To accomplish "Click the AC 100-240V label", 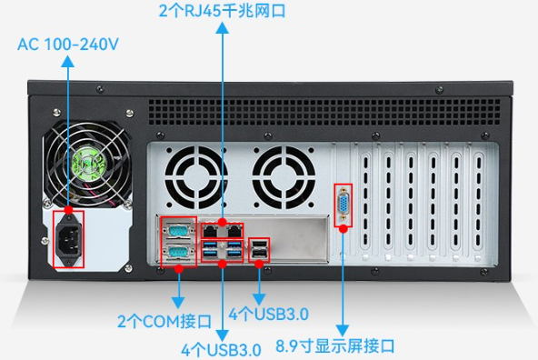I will (68, 43).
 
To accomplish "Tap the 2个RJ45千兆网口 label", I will (222, 11).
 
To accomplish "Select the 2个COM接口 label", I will (164, 321).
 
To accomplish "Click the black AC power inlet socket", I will (68, 238).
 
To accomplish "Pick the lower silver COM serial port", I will (178, 252).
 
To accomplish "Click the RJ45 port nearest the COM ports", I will (212, 231).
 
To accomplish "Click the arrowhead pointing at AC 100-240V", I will (68, 59).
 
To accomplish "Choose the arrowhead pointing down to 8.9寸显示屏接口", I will (344, 331).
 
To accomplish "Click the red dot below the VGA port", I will (344, 227).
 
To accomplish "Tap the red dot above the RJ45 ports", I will (223, 221).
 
